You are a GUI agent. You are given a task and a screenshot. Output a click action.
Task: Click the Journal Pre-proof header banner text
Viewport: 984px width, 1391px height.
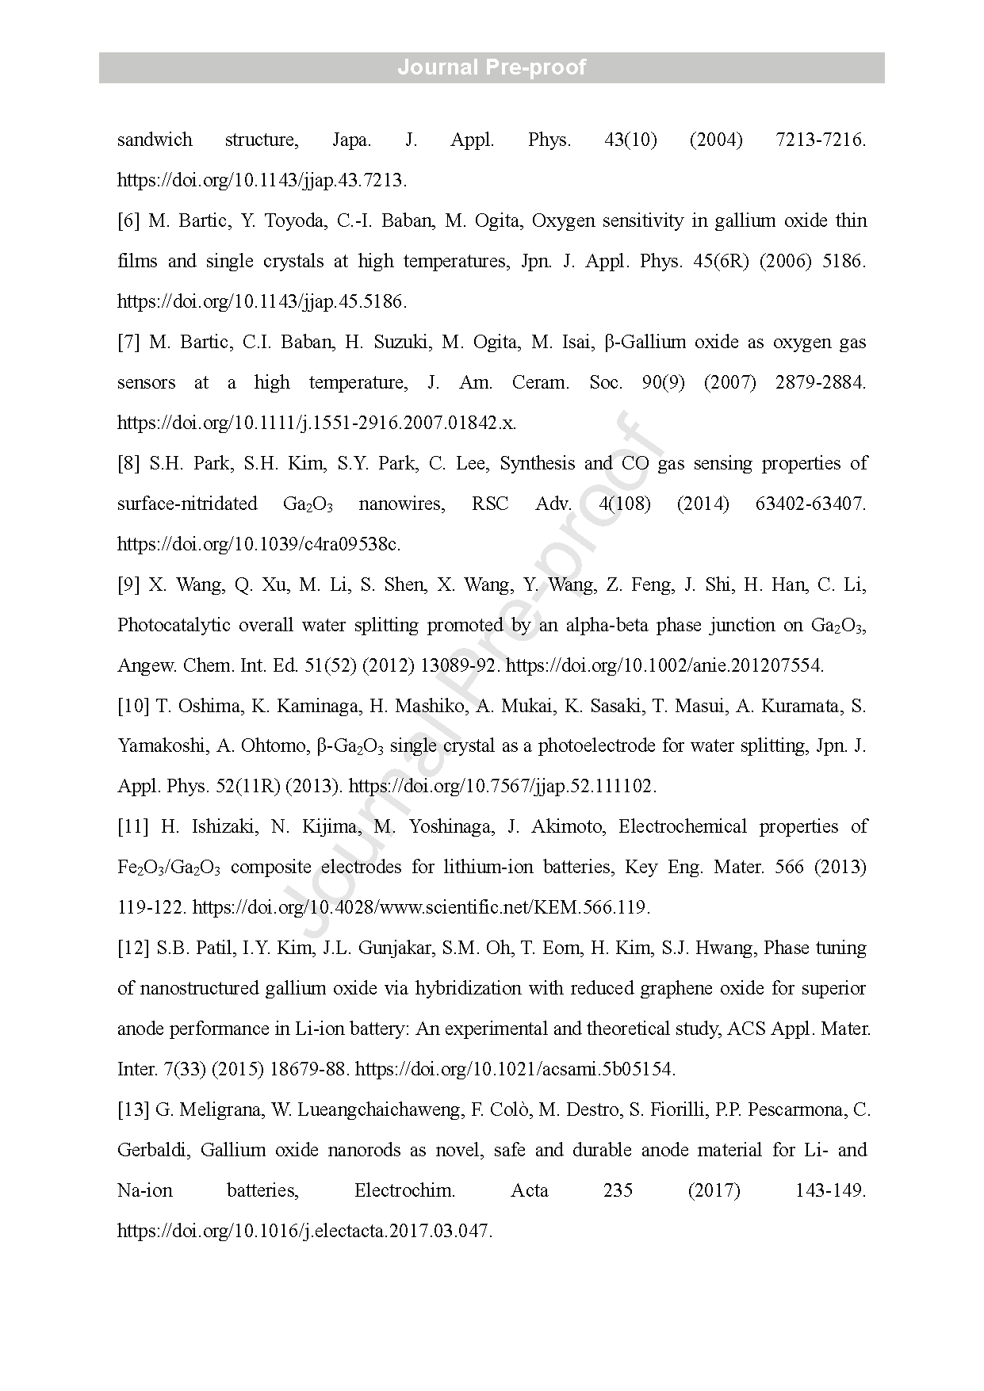pos(492,67)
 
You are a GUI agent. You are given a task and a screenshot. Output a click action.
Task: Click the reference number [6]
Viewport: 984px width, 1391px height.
pos(128,221)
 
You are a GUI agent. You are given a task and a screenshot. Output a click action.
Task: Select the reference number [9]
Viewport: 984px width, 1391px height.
pos(128,585)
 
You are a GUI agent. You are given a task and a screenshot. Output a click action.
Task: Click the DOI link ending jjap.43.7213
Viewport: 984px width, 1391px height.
pos(262,181)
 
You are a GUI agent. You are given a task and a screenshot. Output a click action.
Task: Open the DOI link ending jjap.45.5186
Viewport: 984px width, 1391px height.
pos(262,302)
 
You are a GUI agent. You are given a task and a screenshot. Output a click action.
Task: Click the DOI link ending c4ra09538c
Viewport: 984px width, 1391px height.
pos(258,545)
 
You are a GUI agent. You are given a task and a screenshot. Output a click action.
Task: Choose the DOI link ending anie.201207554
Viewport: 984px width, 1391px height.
pos(664,666)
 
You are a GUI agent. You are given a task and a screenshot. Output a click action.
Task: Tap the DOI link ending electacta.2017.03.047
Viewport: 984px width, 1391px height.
pos(304,1232)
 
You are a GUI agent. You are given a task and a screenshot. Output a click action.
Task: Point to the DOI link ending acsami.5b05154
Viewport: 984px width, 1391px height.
pos(515,1070)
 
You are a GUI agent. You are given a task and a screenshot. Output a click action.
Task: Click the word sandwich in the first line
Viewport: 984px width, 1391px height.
pos(155,140)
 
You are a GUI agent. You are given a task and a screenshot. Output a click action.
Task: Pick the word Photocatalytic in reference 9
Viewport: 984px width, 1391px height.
pos(172,626)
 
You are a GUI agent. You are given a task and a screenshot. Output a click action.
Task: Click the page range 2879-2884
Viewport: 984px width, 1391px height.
pos(820,383)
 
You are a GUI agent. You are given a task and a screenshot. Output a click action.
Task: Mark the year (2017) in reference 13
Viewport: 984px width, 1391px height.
pos(714,1191)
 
